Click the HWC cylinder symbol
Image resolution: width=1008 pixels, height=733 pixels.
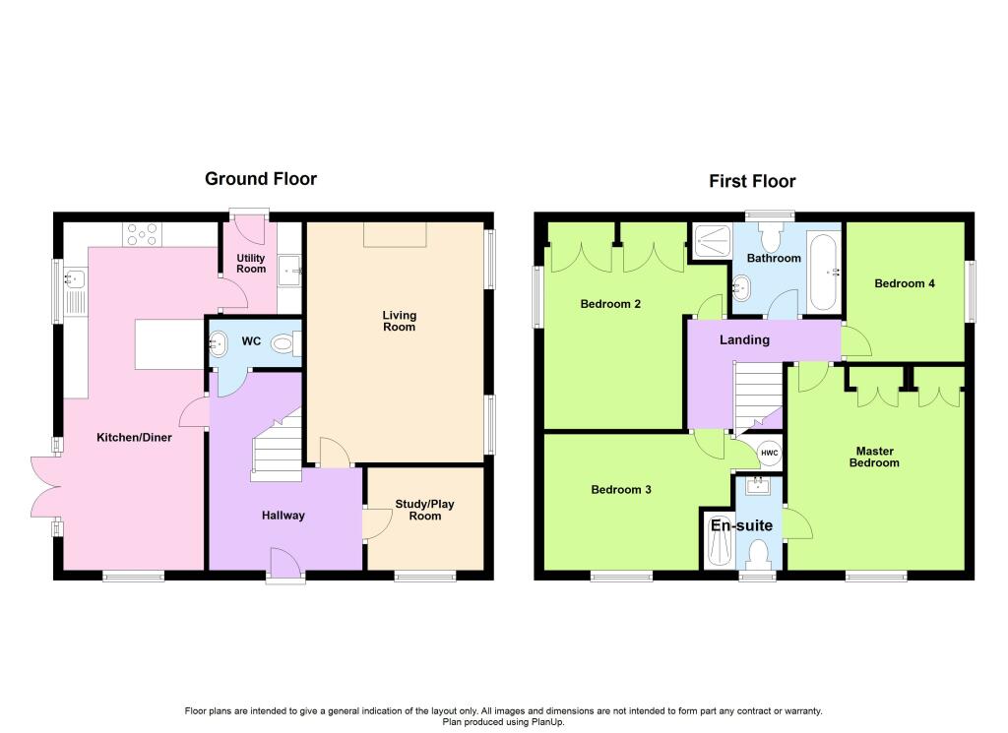[x=770, y=453]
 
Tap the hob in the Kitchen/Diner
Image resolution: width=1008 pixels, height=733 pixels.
[x=142, y=234]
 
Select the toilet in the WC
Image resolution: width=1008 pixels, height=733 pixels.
[x=286, y=343]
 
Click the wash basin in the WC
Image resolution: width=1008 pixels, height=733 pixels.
[x=218, y=343]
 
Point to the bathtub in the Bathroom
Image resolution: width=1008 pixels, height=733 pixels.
[x=824, y=273]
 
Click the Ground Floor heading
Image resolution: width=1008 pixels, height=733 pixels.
[x=261, y=179]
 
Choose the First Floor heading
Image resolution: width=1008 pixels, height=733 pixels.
[x=752, y=181]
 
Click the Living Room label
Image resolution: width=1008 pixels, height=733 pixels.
[x=400, y=321]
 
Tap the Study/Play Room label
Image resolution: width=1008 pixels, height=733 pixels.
[x=425, y=510]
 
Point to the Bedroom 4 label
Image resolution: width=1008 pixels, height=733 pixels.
[x=905, y=283]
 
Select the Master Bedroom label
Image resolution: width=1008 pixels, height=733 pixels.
[x=874, y=457]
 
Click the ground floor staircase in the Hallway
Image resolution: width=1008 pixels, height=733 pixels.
[x=277, y=445]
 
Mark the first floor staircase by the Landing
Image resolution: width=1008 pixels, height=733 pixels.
[x=759, y=398]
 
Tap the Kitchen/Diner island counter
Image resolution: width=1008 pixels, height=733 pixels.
[x=169, y=343]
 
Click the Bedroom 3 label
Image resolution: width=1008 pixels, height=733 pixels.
[x=621, y=490]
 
